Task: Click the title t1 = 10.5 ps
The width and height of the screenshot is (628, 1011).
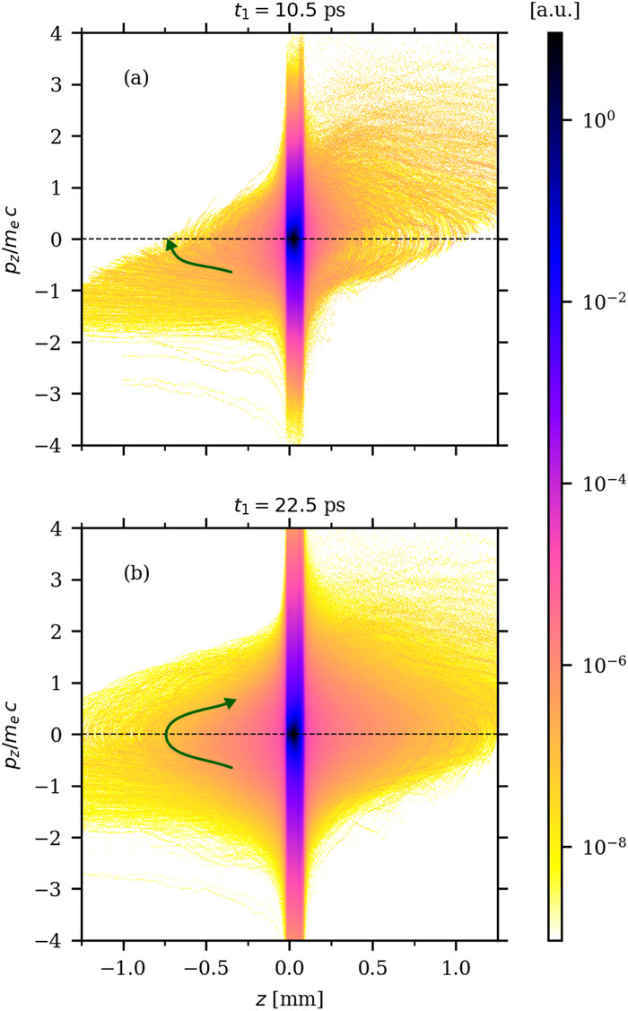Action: (290, 12)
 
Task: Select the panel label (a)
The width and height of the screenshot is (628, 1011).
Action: (138, 78)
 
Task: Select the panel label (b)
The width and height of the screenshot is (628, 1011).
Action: (138, 572)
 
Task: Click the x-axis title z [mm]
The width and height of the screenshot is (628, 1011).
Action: (290, 998)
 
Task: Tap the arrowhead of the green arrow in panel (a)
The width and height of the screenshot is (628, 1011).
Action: (169, 242)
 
